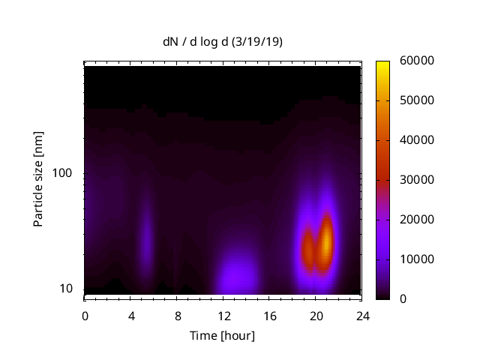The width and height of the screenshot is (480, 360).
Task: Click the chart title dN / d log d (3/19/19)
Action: point(223,42)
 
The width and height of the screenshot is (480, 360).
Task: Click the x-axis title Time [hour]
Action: point(221,335)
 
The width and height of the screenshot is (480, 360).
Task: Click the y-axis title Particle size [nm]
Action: point(38,179)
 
